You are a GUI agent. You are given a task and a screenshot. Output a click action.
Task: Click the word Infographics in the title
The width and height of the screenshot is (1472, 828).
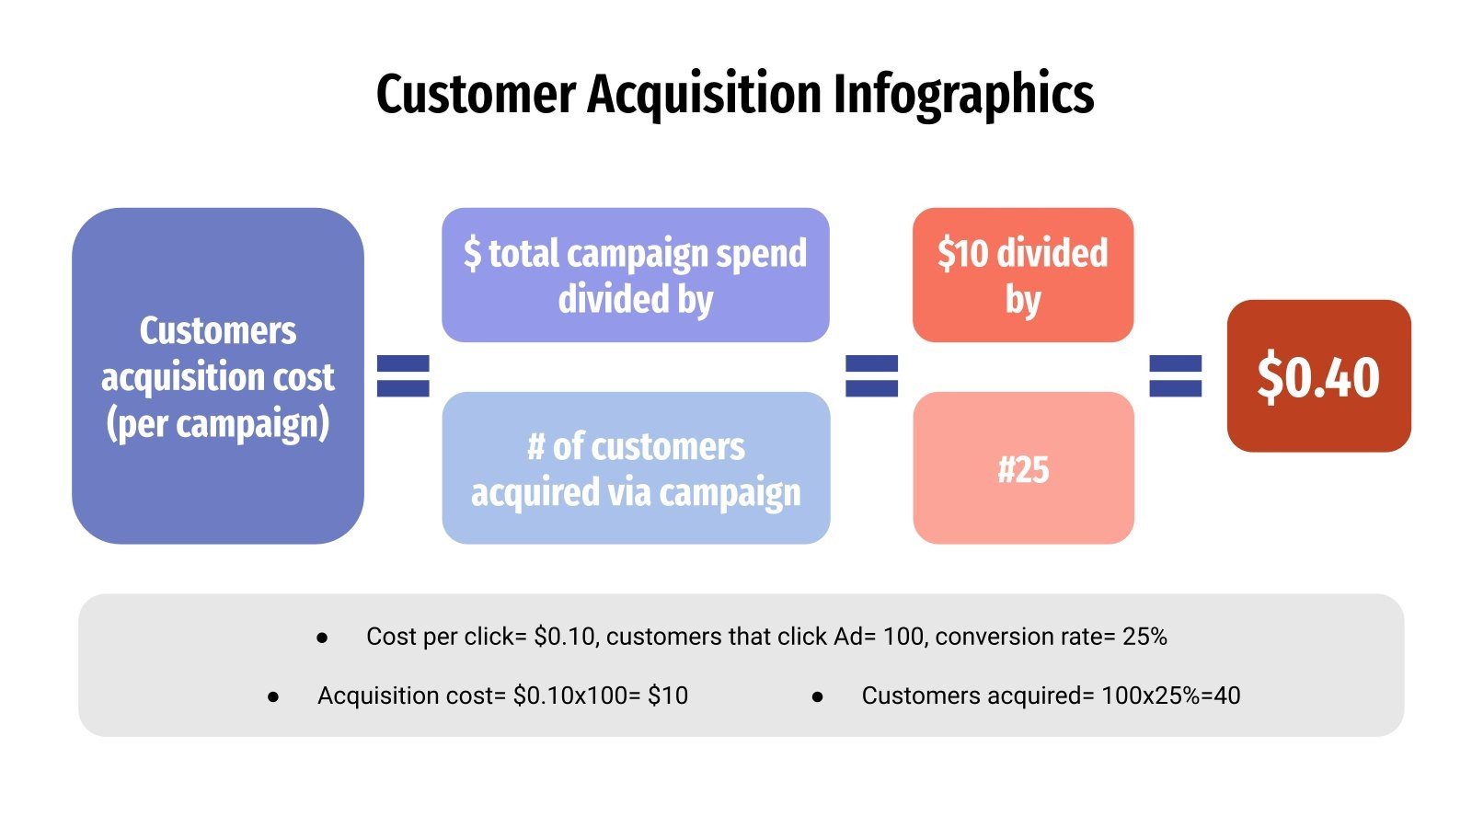(x=963, y=95)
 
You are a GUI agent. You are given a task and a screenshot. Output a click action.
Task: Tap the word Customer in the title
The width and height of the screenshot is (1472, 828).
(x=476, y=95)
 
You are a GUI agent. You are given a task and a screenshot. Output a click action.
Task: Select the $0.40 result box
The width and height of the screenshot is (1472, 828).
(x=1318, y=376)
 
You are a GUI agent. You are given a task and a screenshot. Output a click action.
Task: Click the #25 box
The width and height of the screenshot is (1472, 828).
(x=1023, y=468)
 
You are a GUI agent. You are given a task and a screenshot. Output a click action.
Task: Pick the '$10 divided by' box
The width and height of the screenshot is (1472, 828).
(x=1023, y=275)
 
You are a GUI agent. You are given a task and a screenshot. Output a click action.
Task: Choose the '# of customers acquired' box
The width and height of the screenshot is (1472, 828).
(x=636, y=468)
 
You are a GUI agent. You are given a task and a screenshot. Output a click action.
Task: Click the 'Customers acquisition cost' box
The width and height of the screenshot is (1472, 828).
(x=218, y=376)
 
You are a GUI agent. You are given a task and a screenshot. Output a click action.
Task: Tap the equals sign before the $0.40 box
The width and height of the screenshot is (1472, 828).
(x=1176, y=376)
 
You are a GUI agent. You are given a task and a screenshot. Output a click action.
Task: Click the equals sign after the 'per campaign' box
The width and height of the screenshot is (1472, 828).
(x=403, y=376)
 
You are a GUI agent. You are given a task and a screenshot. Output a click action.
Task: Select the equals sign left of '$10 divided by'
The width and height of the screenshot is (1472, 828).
(x=871, y=376)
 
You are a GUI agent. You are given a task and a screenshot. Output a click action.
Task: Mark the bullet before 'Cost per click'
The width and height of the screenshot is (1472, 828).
(x=322, y=638)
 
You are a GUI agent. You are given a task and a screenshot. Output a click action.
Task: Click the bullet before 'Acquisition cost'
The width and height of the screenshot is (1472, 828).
(x=273, y=696)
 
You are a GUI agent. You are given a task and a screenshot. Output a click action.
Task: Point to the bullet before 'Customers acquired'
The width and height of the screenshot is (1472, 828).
(x=817, y=696)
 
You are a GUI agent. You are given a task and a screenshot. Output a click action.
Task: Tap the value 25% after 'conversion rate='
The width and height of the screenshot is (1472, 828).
(x=1144, y=637)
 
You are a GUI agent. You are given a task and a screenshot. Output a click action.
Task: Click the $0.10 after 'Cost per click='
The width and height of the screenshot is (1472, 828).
(x=565, y=637)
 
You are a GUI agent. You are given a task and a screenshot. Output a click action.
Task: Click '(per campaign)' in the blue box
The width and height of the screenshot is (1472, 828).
(x=218, y=424)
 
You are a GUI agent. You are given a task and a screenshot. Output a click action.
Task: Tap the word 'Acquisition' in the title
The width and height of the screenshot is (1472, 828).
(x=705, y=95)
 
